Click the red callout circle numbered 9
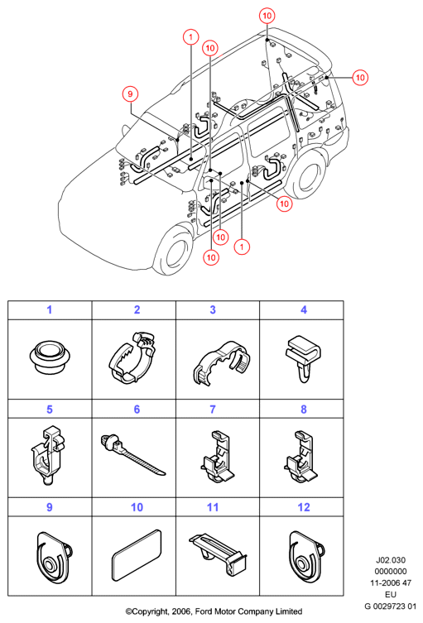tap(130, 94)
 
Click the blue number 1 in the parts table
tap(50, 310)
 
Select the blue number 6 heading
tap(137, 410)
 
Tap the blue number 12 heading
tap(304, 507)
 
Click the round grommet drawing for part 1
tap(50, 357)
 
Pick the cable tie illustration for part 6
tap(132, 453)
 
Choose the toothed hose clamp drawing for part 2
tap(132, 357)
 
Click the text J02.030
tap(391, 560)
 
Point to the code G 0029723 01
tap(391, 606)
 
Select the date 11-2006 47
tap(391, 583)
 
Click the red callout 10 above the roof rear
tap(267, 16)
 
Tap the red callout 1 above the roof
tap(191, 37)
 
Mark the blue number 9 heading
tap(50, 507)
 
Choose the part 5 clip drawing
tap(48, 455)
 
